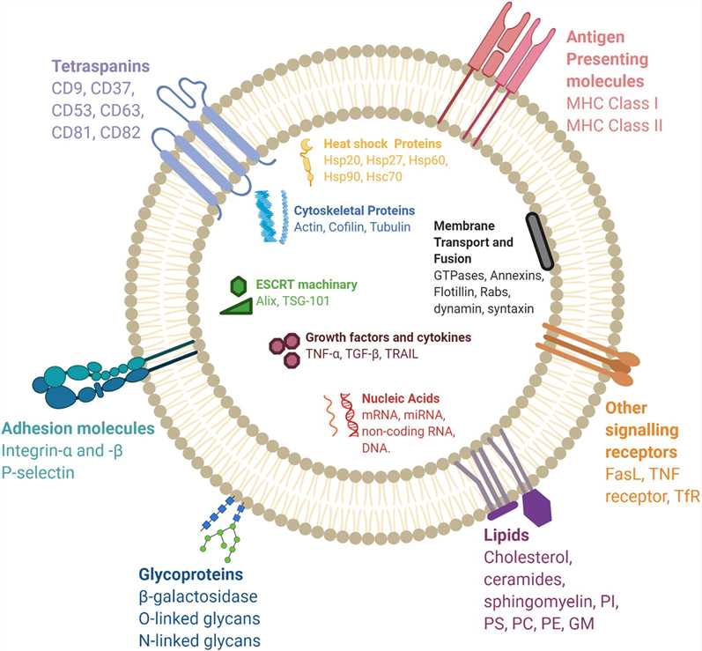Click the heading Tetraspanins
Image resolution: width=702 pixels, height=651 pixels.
coord(99,67)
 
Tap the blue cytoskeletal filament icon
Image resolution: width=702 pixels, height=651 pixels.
coord(273,217)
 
